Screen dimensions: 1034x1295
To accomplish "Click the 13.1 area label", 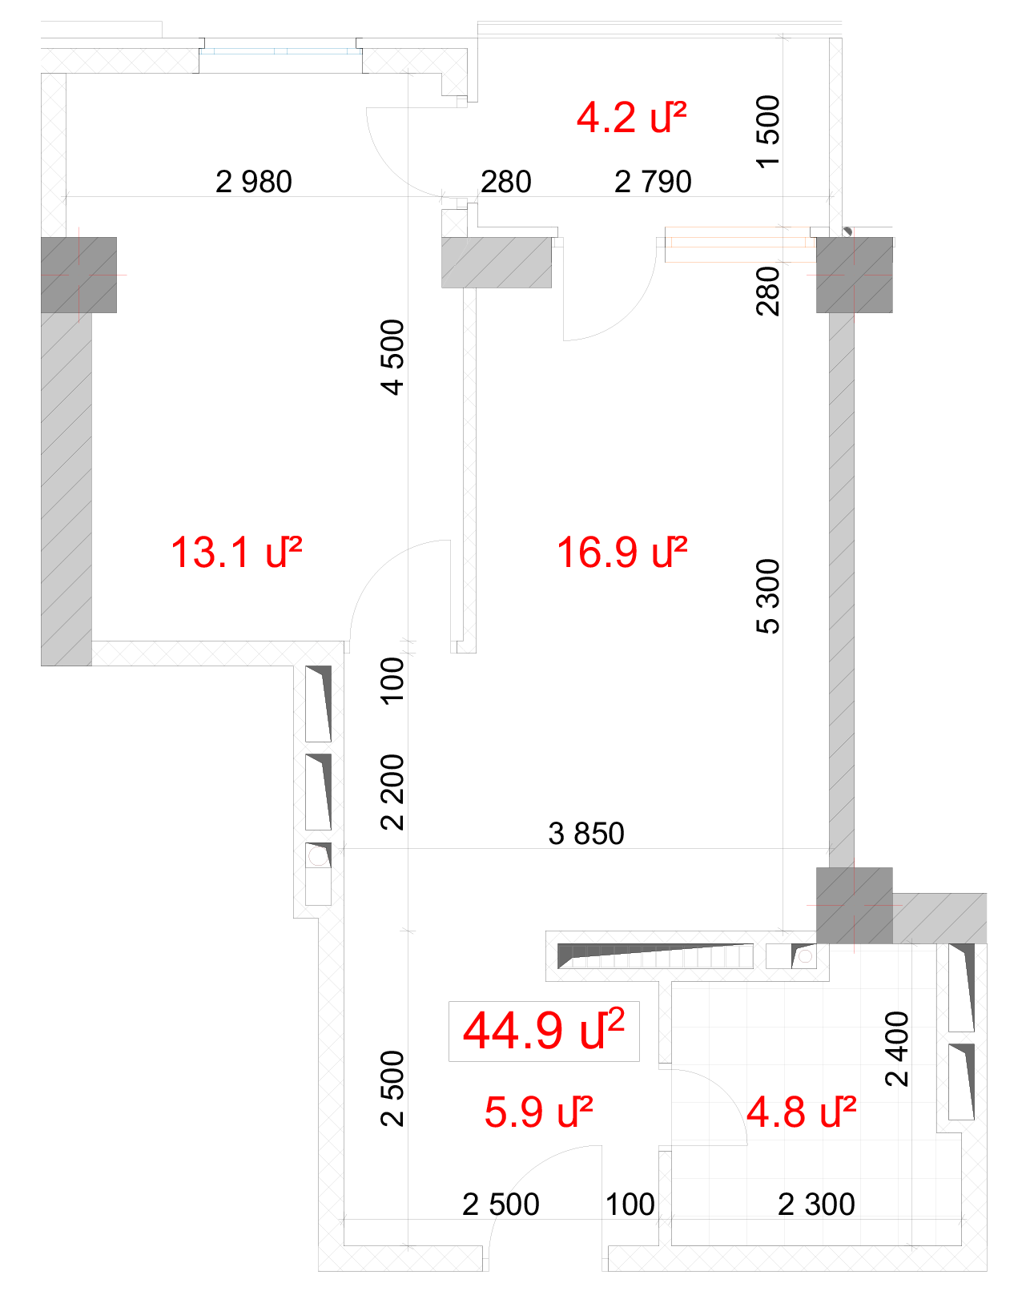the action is point(236,552).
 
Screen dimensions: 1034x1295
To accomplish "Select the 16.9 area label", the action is point(622,552).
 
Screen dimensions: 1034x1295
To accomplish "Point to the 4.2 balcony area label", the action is point(631,117).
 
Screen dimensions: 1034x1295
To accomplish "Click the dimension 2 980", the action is point(253,182).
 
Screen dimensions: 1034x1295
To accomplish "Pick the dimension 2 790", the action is point(653,182).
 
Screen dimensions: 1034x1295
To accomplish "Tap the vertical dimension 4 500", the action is point(392,357).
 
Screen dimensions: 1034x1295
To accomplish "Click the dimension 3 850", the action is point(586,834).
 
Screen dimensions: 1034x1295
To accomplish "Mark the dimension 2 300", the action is point(816,1205).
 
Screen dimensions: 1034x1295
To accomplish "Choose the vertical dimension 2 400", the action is point(896,1049).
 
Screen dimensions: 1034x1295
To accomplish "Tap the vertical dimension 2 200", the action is point(392,793).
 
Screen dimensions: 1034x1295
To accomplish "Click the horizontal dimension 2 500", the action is point(501,1205).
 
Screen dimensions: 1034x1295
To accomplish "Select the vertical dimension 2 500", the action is point(392,1088).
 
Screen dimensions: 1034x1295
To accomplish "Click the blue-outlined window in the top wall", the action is point(280,51).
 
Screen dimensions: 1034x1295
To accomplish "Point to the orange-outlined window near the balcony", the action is point(740,243).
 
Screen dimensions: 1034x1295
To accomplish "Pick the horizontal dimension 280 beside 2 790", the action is point(506,182).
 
